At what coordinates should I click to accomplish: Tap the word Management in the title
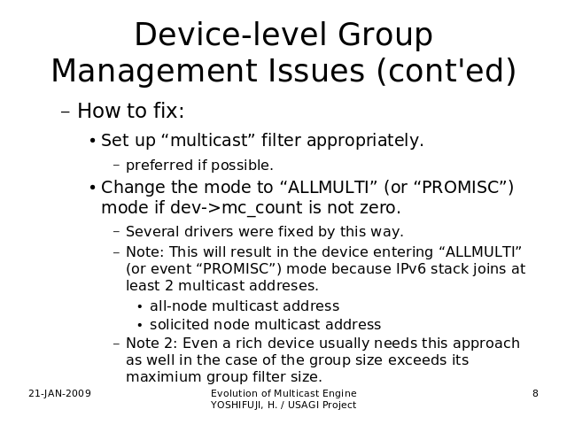154,72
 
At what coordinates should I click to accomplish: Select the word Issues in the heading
316,70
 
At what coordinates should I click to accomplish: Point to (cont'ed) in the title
447,71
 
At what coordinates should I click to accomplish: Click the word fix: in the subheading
168,110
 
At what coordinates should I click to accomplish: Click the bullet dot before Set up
92,141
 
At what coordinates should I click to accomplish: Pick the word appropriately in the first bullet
365,141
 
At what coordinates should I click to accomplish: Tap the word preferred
159,166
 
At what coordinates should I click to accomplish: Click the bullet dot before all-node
140,307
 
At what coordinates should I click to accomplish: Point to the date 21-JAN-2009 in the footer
59,393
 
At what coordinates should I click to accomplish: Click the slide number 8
535,393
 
